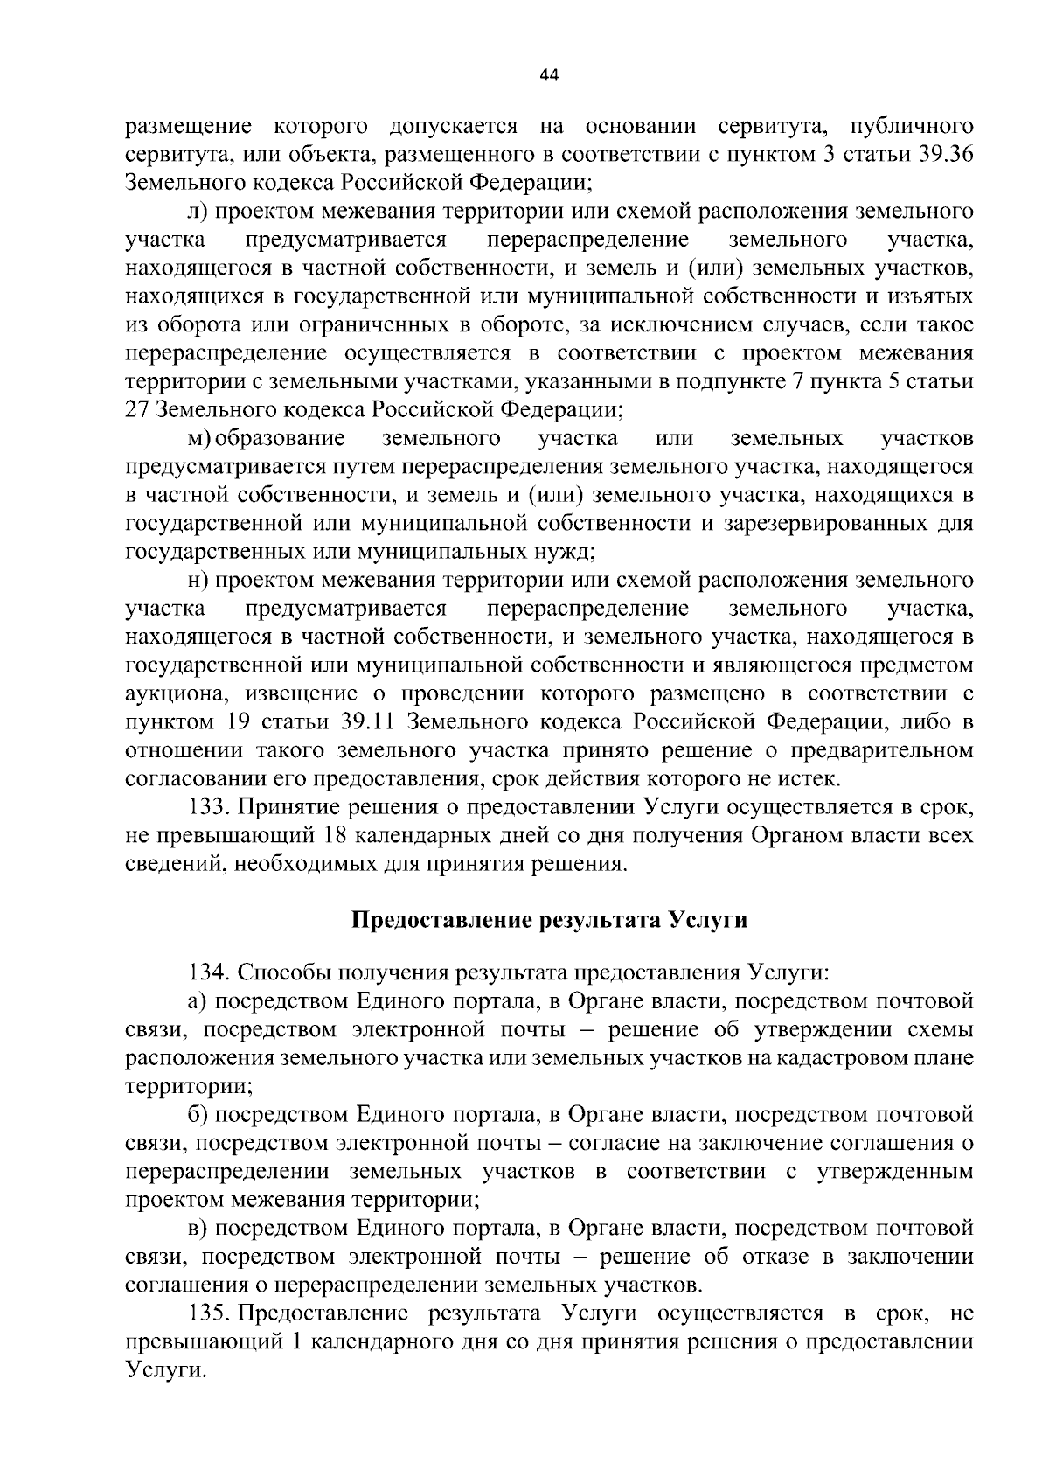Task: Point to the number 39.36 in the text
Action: click(943, 155)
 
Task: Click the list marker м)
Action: click(200, 437)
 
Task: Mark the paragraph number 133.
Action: click(208, 807)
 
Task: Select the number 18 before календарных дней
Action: click(336, 835)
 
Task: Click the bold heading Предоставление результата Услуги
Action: click(549, 921)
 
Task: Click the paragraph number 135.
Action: click(208, 1313)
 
